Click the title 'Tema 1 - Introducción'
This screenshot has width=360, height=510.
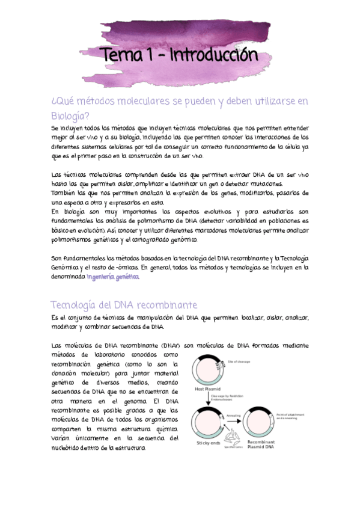click(x=181, y=55)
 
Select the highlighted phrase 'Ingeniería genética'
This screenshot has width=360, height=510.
click(x=112, y=277)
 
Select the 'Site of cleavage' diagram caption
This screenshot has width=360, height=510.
click(x=239, y=362)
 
